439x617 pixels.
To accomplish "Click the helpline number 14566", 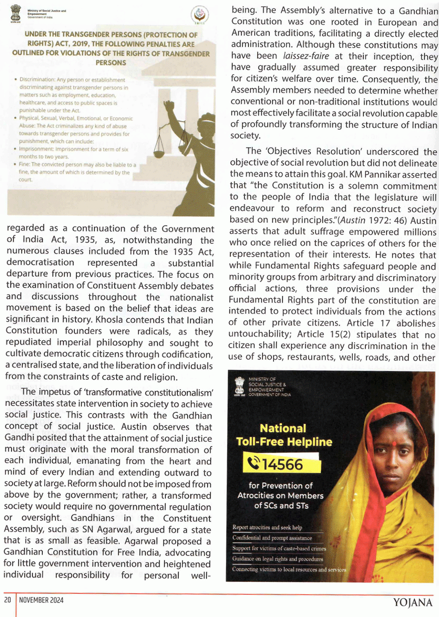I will (282, 465).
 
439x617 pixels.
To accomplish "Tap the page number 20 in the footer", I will (8, 600).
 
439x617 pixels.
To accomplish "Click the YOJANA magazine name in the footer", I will (413, 603).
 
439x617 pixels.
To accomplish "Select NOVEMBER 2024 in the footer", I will (41, 600).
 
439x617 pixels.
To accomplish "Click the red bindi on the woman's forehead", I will (394, 444).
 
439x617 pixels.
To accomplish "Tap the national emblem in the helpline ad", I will (240, 386).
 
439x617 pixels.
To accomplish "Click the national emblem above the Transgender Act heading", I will (16, 13).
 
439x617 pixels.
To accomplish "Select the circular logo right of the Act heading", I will (199, 15).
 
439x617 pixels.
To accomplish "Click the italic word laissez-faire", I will (306, 56).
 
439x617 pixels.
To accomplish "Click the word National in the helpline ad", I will (283, 428).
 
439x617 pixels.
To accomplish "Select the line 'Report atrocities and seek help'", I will (267, 527).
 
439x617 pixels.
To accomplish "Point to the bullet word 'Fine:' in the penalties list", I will (25, 165).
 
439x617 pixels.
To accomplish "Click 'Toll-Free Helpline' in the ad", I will (284, 442).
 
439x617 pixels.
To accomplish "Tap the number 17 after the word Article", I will (385, 323).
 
